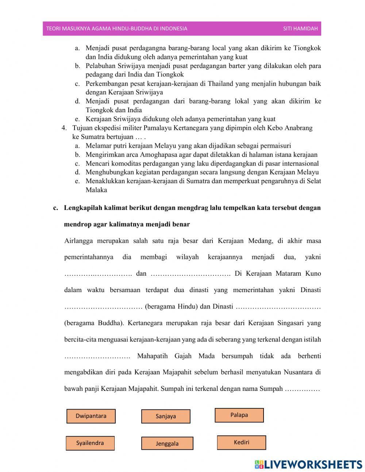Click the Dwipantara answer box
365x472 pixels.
(91, 416)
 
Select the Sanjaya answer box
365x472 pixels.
(166, 416)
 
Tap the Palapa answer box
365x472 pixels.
(239, 415)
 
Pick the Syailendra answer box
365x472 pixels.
(90, 443)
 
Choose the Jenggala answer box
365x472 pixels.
(167, 443)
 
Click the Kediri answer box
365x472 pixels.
(241, 442)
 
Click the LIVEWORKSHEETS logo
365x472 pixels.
(308, 464)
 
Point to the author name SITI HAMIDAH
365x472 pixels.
(300, 29)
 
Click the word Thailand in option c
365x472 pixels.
(220, 84)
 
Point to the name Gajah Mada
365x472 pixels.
(194, 356)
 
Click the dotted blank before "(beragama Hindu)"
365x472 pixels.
(103, 307)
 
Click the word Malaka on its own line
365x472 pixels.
(96, 190)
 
